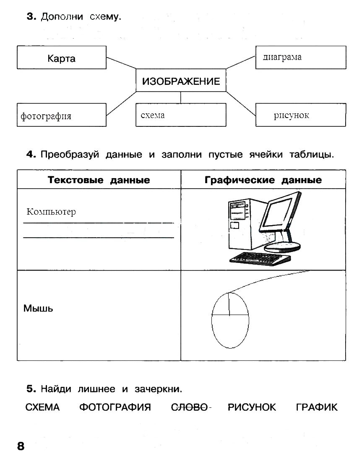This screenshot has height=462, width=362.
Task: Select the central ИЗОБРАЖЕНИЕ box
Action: (x=181, y=81)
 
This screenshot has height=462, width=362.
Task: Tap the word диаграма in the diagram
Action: (x=282, y=57)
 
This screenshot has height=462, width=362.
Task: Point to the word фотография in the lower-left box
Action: (x=46, y=116)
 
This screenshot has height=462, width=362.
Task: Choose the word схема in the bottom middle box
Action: (x=153, y=115)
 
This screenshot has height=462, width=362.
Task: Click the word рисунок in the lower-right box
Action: (x=291, y=115)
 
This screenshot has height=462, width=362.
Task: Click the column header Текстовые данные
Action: (x=99, y=180)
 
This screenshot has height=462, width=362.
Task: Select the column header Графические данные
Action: (x=263, y=180)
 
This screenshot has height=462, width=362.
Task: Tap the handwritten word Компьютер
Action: (x=51, y=212)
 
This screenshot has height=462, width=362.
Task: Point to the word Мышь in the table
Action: (x=38, y=309)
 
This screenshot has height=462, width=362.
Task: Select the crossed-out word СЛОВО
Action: (x=190, y=407)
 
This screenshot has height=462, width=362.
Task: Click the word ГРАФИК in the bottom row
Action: (x=316, y=407)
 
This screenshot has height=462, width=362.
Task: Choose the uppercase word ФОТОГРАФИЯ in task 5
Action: (x=115, y=407)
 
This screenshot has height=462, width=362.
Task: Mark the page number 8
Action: (x=21, y=446)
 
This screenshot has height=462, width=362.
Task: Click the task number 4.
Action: (x=31, y=155)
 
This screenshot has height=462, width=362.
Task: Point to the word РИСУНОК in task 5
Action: (x=252, y=407)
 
